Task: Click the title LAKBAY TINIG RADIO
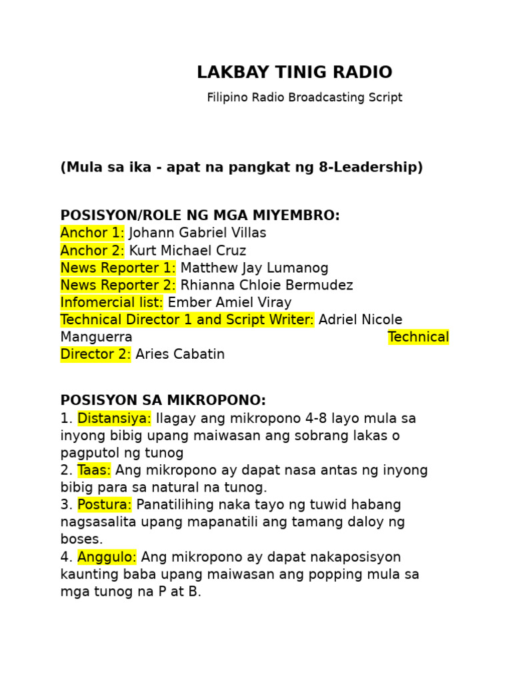(294, 73)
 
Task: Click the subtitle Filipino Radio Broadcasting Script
(304, 97)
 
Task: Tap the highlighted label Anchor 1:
(92, 233)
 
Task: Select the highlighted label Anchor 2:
(92, 251)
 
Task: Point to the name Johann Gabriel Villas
(197, 233)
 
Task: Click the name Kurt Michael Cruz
(187, 251)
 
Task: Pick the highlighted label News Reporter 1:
(118, 268)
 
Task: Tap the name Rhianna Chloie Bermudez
(267, 285)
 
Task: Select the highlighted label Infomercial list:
(111, 303)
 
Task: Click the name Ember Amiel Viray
(229, 303)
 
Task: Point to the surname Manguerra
(96, 337)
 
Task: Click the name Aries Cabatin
(180, 355)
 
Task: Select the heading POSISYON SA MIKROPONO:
(163, 401)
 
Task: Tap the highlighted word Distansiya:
(115, 419)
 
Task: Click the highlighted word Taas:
(94, 471)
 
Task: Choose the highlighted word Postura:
(105, 505)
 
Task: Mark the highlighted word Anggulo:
(107, 557)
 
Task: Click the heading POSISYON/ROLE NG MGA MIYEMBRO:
(200, 215)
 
